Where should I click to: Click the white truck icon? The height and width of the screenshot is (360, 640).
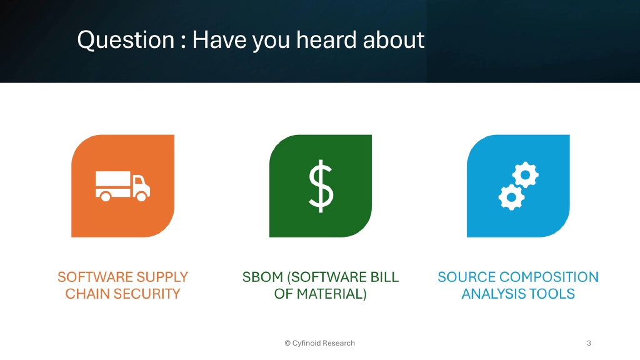tap(122, 186)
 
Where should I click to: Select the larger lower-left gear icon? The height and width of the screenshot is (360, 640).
tap(511, 197)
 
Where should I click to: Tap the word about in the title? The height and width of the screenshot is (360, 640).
tap(395, 41)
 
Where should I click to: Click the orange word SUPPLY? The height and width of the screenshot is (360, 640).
tap(159, 277)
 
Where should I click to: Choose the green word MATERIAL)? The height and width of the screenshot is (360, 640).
tap(330, 294)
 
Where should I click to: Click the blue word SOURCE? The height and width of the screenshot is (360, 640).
tap(465, 277)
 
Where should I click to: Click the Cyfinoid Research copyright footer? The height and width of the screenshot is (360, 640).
tap(319, 343)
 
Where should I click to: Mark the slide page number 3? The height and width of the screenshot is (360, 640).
tap(589, 343)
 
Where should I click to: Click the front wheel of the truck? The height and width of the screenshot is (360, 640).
tap(141, 197)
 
